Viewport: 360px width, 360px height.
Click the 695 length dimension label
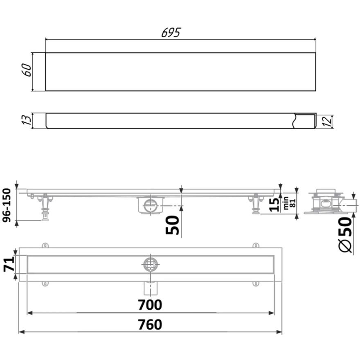tap(171, 33)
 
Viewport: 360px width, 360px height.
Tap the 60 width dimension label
tap(27, 71)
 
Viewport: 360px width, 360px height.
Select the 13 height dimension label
tap(27, 121)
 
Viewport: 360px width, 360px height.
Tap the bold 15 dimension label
tap(276, 203)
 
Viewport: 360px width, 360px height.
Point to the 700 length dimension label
tap(150, 305)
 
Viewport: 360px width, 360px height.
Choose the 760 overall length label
tap(150, 324)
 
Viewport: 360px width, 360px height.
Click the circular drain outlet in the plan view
tap(151, 264)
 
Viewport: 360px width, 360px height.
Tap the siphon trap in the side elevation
tap(151, 205)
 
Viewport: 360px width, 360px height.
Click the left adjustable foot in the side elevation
tap(44, 207)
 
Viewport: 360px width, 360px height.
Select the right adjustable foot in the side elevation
tap(255, 204)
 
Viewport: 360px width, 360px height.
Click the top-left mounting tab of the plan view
tap(45, 245)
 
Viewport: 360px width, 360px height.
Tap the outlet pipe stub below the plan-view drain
tap(151, 288)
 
